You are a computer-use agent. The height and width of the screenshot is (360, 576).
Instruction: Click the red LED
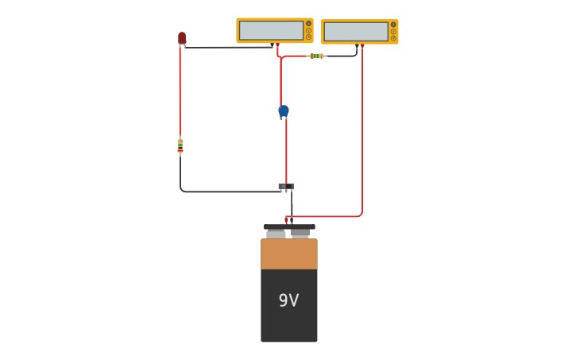coord(182,37)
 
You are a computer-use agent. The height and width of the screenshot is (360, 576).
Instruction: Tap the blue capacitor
coord(284,110)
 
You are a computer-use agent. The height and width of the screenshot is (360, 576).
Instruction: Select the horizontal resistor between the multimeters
coord(317,56)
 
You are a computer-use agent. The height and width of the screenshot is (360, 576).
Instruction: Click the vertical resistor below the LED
coord(180,145)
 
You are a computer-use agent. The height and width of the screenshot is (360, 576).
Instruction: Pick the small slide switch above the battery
coord(286,187)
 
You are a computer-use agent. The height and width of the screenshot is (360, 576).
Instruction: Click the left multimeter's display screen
coord(271,30)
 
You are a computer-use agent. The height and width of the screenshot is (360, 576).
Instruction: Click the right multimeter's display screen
coord(355,31)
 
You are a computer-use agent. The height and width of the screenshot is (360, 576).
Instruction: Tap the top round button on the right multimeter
coord(393,25)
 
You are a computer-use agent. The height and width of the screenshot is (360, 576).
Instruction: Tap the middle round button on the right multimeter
coord(393,31)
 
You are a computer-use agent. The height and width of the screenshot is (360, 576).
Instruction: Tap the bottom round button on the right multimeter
coord(393,37)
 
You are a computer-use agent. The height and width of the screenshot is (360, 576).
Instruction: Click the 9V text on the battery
coord(288,300)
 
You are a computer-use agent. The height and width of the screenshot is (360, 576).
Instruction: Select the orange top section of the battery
coord(289,254)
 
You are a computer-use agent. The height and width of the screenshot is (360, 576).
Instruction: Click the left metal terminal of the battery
coord(276,234)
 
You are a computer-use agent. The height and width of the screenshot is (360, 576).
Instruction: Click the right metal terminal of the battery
coord(300,234)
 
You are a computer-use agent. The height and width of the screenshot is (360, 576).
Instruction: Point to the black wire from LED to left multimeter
coord(230,48)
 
